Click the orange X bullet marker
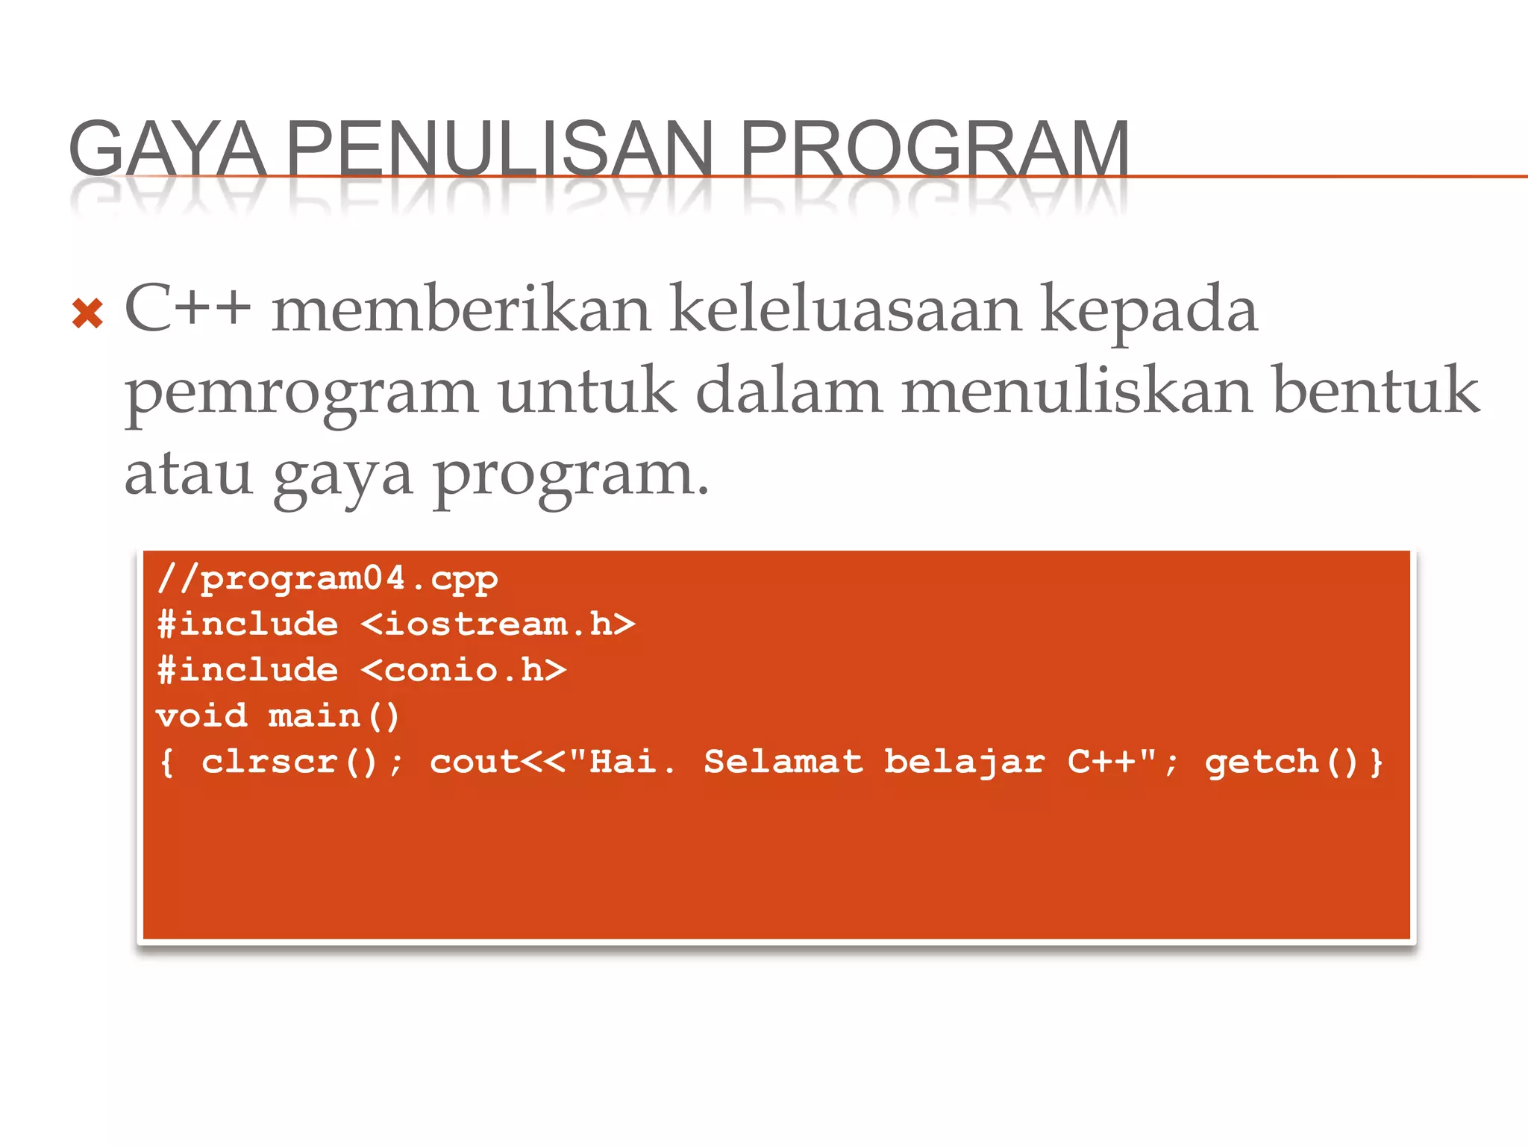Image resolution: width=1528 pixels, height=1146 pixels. pos(87,313)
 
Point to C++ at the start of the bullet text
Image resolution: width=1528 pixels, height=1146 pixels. pos(187,309)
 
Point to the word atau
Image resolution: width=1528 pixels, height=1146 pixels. pos(188,474)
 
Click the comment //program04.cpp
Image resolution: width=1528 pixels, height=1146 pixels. pos(328,579)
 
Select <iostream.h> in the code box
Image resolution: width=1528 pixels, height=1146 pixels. pos(498,624)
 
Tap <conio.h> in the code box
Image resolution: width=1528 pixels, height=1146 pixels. pos(463,670)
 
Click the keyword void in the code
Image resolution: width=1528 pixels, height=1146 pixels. pos(201,716)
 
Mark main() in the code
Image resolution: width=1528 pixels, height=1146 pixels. pos(334,716)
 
